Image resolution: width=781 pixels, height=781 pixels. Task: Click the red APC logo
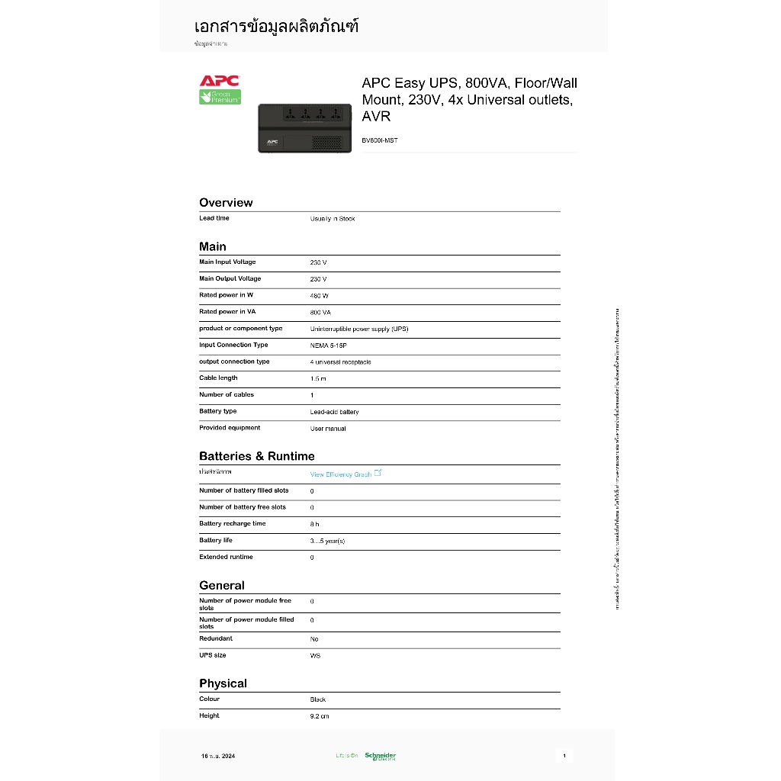tap(220, 81)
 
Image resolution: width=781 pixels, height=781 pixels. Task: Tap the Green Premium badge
tap(220, 97)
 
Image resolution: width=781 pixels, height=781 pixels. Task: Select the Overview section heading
tap(226, 203)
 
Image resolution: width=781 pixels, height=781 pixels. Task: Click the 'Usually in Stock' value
tap(333, 219)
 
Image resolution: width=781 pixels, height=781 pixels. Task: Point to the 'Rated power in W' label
tap(227, 295)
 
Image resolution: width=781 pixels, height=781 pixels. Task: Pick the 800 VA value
tap(320, 312)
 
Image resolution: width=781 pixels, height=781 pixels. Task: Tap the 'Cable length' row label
tap(218, 378)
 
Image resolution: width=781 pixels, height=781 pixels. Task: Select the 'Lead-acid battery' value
tap(334, 412)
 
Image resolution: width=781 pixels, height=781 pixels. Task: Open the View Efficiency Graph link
tap(342, 474)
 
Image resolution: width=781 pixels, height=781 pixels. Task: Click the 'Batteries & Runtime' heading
tap(256, 456)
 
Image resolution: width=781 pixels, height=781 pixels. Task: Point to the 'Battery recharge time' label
tap(233, 524)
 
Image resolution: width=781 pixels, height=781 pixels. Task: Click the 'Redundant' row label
tap(216, 638)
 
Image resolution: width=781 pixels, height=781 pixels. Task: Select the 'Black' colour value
tap(318, 699)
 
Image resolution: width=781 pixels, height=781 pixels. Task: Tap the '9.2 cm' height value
tap(320, 716)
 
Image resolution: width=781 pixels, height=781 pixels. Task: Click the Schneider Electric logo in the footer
tap(380, 756)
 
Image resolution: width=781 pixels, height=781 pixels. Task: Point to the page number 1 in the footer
tap(564, 756)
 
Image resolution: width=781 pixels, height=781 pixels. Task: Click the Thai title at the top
tap(276, 27)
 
